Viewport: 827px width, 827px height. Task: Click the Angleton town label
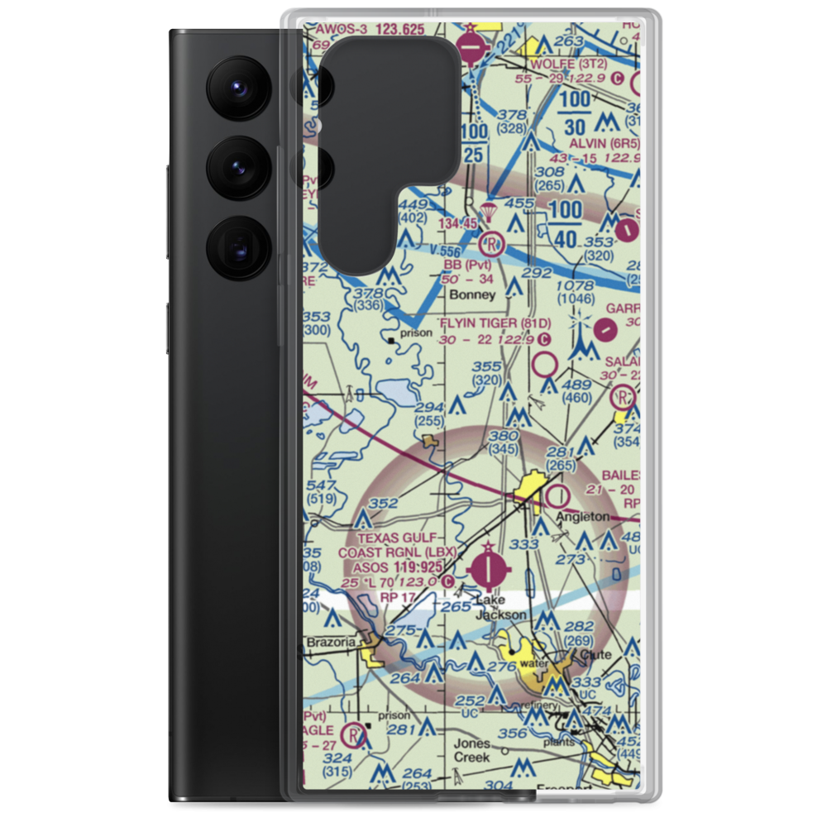(x=582, y=517)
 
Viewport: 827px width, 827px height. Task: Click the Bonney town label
(x=469, y=294)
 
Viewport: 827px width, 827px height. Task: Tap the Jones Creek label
(x=471, y=749)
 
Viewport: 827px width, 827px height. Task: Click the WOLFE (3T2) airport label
(x=571, y=62)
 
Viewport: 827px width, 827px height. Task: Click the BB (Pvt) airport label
(x=467, y=265)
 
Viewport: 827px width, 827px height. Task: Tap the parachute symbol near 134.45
(x=488, y=213)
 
